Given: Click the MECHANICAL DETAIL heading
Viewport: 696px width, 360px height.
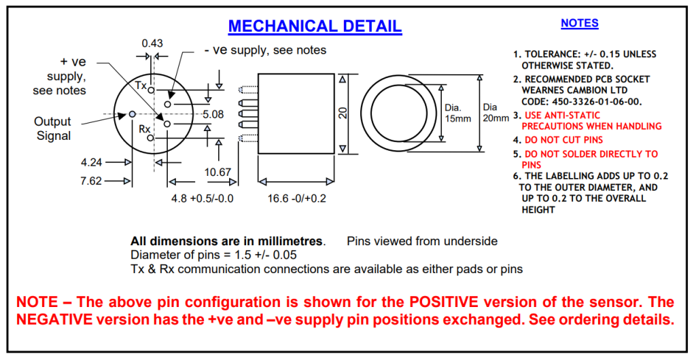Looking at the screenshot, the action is click(315, 26).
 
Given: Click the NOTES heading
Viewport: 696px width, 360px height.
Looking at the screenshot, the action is click(579, 23).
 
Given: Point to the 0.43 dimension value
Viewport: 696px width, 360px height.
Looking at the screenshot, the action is click(152, 43).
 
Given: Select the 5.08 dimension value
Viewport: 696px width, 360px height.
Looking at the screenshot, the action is click(213, 114).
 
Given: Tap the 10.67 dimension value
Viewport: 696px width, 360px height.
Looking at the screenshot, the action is click(217, 172).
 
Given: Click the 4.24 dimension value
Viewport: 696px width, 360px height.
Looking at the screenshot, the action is click(92, 162).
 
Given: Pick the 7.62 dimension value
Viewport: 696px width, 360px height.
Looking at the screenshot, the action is click(92, 181).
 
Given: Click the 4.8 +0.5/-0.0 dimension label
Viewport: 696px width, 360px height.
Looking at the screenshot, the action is click(203, 198).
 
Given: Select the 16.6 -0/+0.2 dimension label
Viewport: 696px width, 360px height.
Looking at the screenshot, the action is click(296, 198).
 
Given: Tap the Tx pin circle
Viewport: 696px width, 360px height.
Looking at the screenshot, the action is click(151, 90).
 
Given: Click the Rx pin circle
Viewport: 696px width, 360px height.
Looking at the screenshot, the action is click(150, 138).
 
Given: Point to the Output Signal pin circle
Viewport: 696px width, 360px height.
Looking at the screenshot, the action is click(132, 114).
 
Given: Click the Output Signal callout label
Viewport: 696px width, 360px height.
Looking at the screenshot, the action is click(53, 128).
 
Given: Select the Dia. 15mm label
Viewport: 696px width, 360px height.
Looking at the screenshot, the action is click(457, 113).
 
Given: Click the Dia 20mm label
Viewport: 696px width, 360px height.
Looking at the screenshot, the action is click(495, 113).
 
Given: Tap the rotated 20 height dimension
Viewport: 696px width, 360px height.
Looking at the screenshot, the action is click(343, 113).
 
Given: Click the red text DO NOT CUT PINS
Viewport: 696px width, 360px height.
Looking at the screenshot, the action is click(563, 140).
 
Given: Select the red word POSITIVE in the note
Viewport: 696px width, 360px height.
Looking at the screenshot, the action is click(443, 302).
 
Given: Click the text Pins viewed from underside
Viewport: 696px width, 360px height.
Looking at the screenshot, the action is click(422, 241).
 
